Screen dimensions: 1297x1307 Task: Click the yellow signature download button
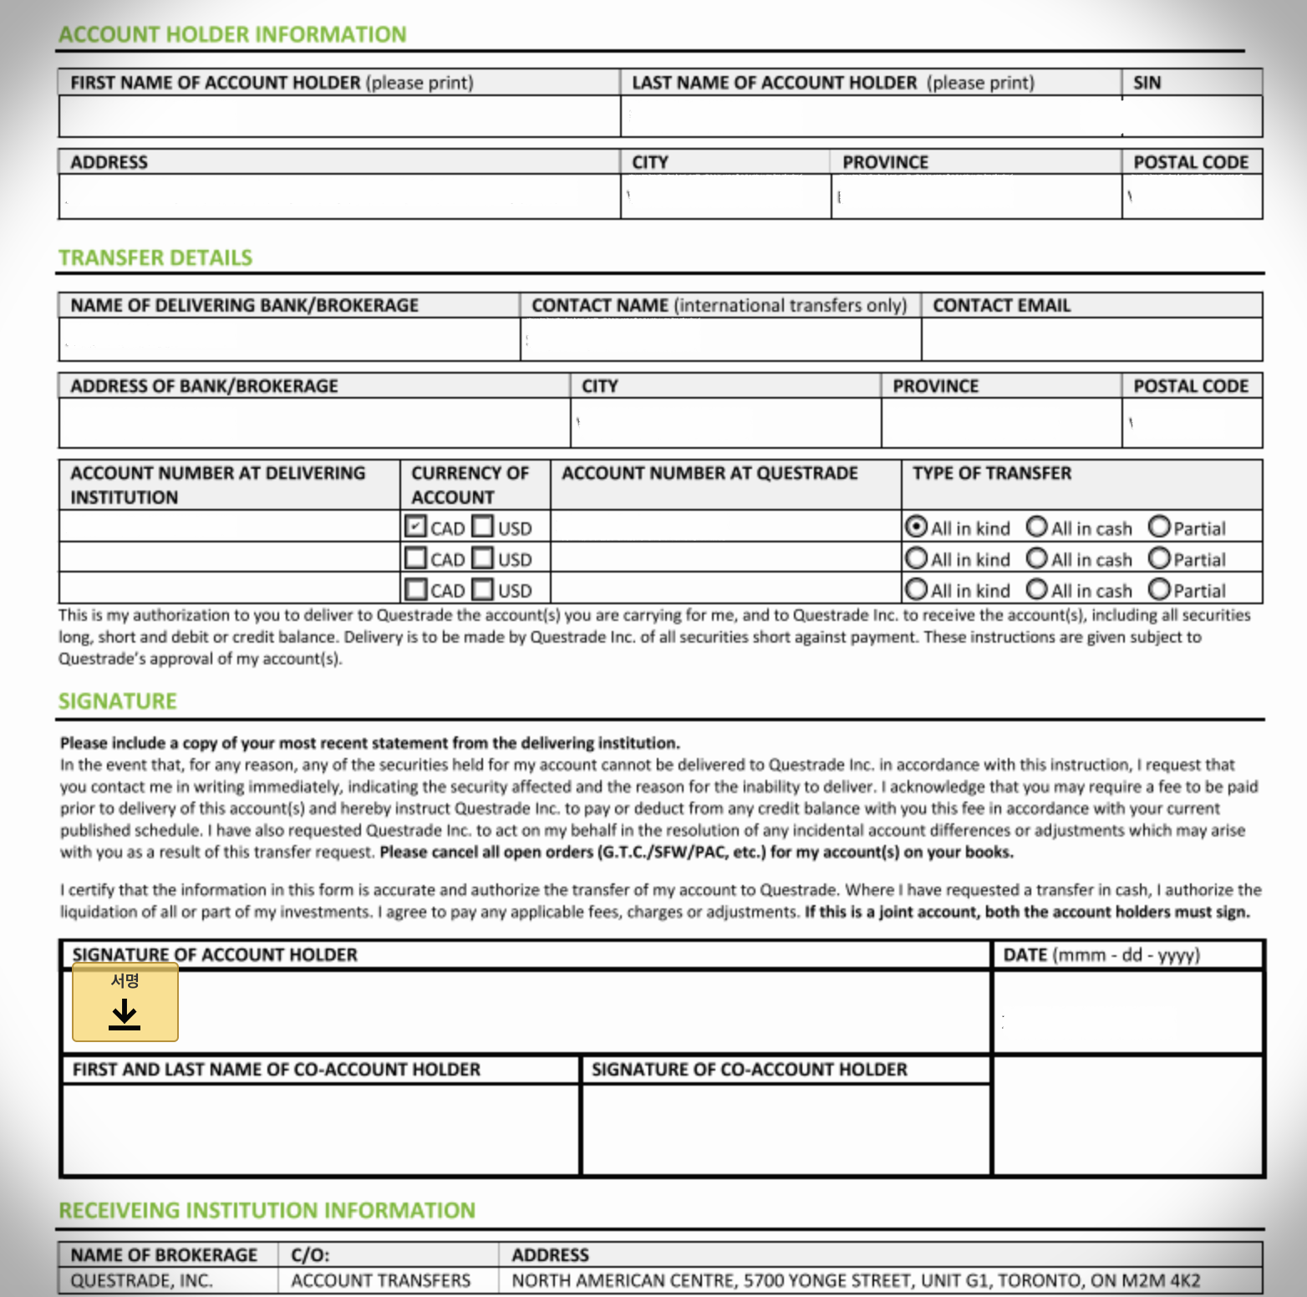pos(125,1002)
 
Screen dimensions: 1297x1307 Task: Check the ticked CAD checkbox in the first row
pos(415,526)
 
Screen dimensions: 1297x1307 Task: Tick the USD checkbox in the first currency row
pos(482,526)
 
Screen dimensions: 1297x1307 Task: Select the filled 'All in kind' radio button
pos(917,526)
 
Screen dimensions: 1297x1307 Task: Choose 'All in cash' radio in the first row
pos(1037,526)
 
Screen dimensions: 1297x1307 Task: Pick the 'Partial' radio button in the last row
pos(1159,589)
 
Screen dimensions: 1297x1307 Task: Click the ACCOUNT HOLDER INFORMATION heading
pos(232,34)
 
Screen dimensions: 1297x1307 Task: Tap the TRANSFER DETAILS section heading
pos(155,257)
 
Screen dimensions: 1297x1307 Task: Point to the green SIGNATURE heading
pos(118,700)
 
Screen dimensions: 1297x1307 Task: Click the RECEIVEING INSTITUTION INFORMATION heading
pos(267,1210)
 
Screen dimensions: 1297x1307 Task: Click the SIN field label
pos(1147,83)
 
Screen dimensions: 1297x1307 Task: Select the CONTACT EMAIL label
pos(1001,305)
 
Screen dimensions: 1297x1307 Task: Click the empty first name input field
pos(339,116)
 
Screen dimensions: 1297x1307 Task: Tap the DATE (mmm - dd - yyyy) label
pos(1101,954)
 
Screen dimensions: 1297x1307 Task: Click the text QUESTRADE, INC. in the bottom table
pos(141,1280)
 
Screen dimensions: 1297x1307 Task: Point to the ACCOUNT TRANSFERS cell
pos(380,1280)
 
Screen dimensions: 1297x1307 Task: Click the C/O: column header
pos(310,1254)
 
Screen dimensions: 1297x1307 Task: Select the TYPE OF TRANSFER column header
pos(992,473)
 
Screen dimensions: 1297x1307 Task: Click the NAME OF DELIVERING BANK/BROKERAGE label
pos(244,305)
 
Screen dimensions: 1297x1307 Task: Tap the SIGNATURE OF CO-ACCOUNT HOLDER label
pos(749,1069)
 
